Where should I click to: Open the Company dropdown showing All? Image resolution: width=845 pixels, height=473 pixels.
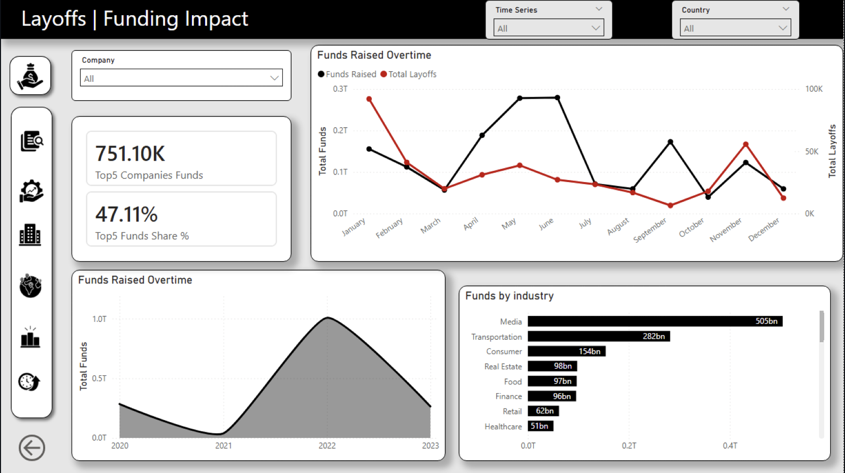181,78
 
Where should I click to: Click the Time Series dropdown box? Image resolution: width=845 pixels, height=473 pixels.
548,28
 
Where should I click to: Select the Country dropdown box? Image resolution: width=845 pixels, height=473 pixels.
735,28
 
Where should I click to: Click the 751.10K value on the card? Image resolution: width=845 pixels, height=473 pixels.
131,154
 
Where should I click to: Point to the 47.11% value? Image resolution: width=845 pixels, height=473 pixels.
126,215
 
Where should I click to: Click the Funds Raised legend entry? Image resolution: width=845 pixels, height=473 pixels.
347,74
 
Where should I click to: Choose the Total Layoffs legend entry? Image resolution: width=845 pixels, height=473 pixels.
409,74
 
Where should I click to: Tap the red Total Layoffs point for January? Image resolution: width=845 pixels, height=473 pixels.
369,99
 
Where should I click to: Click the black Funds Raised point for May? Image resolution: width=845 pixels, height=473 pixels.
519,98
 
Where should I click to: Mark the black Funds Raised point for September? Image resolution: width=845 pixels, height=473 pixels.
670,142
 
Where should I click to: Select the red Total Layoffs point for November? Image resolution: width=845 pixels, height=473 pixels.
745,144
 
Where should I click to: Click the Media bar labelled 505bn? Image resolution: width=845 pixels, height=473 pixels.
655,321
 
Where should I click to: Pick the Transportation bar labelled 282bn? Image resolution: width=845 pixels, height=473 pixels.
599,336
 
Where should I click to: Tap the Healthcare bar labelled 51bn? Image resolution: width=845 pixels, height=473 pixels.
540,426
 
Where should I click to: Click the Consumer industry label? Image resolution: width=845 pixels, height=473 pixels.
504,351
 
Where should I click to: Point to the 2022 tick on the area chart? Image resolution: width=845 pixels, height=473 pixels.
327,446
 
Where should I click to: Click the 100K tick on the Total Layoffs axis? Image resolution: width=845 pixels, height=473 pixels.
814,89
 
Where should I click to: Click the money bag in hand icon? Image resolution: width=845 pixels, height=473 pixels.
30,76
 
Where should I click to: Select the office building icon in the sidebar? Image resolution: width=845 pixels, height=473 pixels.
30,235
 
